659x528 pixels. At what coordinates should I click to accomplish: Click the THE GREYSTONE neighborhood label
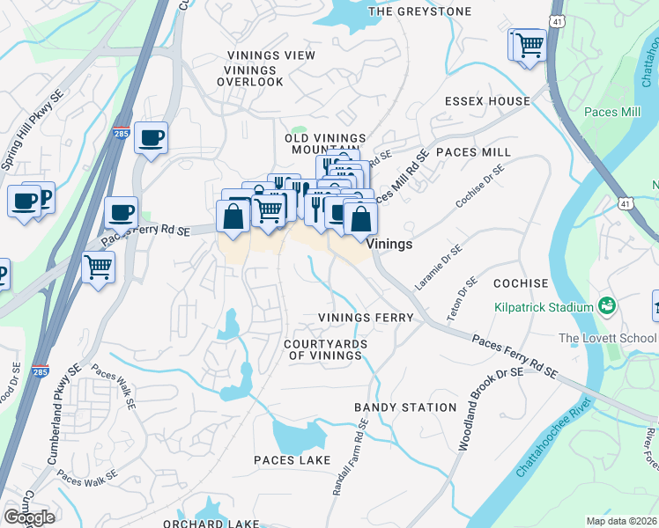click(x=419, y=11)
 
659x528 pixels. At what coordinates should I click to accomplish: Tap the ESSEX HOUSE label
click(x=487, y=101)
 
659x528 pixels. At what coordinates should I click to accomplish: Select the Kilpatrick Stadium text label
click(x=543, y=307)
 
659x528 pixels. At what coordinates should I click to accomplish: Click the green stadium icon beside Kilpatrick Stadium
click(x=606, y=306)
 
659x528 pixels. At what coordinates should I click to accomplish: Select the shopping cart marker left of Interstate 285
click(x=98, y=267)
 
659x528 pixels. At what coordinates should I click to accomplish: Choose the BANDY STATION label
click(x=405, y=407)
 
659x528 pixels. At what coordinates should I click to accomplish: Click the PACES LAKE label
click(x=292, y=460)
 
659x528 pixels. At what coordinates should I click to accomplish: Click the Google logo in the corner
click(x=28, y=517)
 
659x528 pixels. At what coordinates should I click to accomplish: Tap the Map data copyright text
click(x=621, y=521)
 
